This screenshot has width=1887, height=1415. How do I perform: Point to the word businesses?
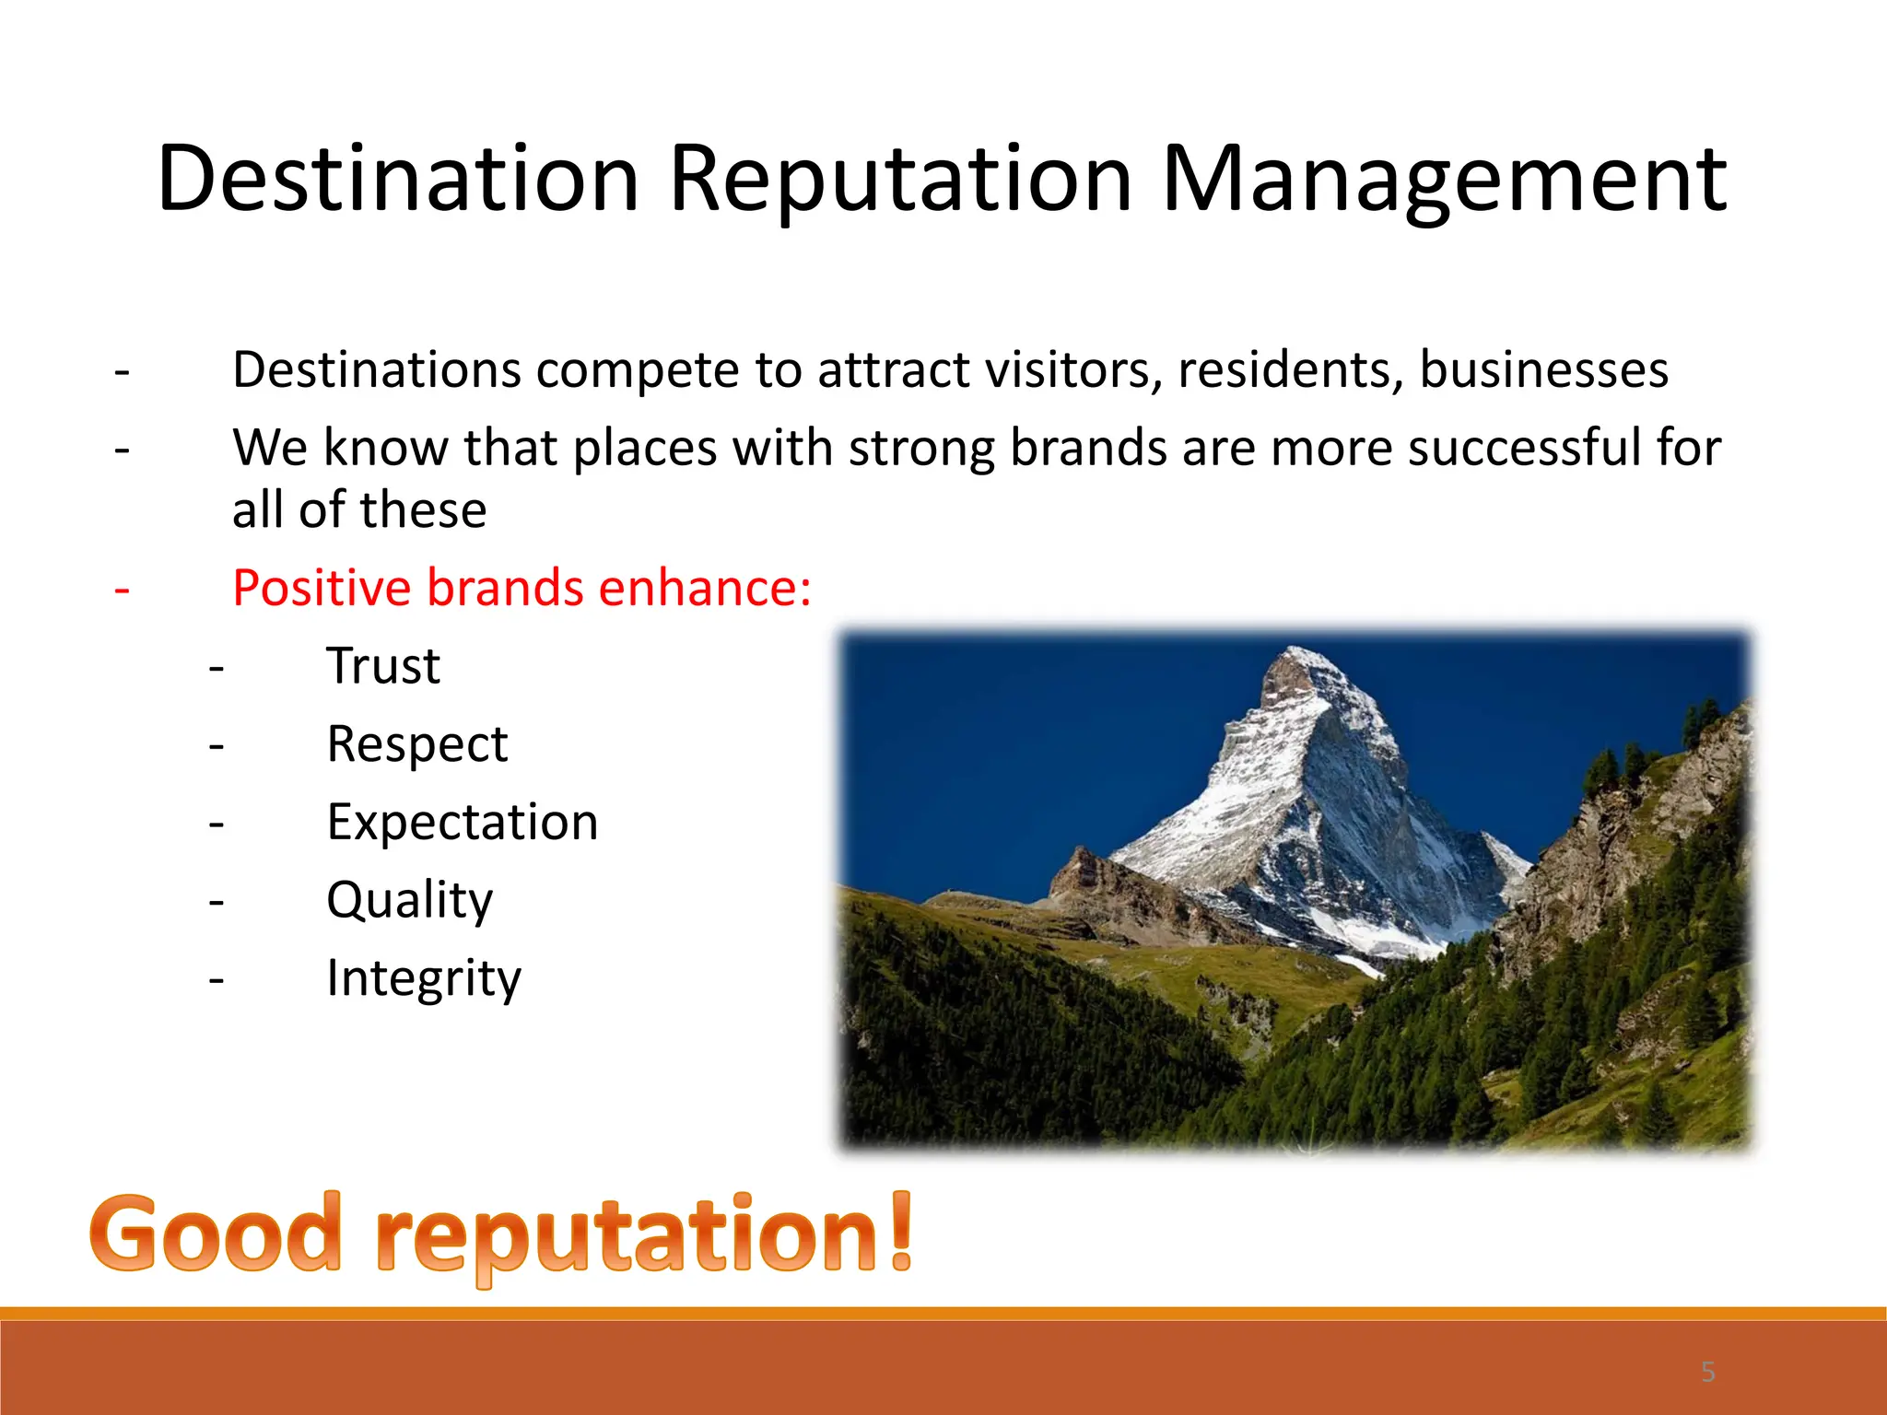click(x=1543, y=370)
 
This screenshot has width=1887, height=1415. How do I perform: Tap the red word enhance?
click(x=705, y=588)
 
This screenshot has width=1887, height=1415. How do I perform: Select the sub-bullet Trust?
click(x=383, y=666)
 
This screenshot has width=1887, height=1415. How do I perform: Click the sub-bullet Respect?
click(x=416, y=744)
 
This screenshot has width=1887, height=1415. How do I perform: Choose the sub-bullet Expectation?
click(x=463, y=822)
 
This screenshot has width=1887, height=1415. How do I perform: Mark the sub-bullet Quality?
click(x=410, y=900)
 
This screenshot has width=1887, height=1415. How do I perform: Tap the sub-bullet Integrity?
click(x=424, y=978)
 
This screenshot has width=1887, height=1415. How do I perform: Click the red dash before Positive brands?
click(x=122, y=590)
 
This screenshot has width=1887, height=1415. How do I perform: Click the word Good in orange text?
click(x=216, y=1233)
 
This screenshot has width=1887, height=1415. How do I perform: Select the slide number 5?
click(x=1707, y=1373)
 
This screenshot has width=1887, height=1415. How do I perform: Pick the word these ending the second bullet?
click(x=423, y=510)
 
